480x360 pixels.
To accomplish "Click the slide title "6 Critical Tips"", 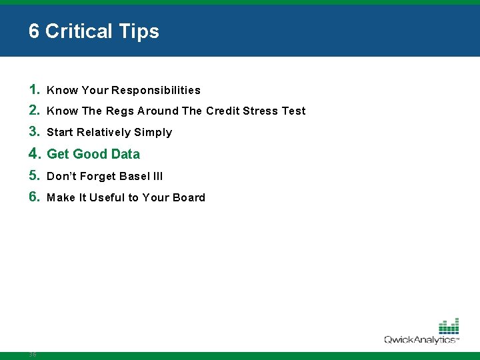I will tap(94, 31).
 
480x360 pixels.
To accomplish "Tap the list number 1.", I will tap(35, 89).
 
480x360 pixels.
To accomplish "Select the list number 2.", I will tap(35, 111).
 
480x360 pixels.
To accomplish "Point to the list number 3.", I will tap(35, 132).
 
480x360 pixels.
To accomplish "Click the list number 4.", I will tap(35, 154).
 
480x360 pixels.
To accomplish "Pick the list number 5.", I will tap(35, 176).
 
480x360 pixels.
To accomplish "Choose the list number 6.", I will tap(35, 197).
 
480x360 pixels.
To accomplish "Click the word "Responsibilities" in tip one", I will tap(156, 90).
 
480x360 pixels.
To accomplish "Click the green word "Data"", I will tap(125, 154).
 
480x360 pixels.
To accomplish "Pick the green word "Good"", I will tap(90, 154).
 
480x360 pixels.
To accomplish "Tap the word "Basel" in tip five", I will tap(137, 177).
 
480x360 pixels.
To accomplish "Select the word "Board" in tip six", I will tap(189, 198).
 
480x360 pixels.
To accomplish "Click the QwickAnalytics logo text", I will tap(421, 340).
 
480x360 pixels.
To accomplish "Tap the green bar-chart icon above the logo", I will tap(448, 325).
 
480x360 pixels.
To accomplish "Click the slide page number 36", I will tap(33, 355).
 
